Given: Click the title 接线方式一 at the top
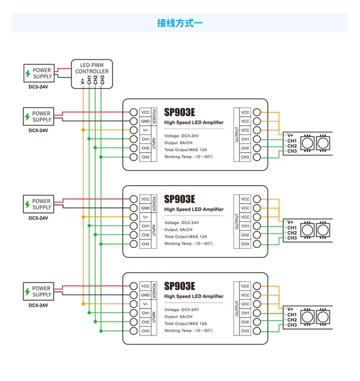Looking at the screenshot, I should click(x=180, y=23).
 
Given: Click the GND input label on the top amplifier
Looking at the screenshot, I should click(x=145, y=121).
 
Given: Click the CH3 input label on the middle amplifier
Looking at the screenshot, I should click(x=145, y=244).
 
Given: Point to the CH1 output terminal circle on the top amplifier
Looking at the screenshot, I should click(x=257, y=139).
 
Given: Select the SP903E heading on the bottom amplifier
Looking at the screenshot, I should click(x=180, y=286).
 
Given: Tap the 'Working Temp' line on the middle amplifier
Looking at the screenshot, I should click(x=189, y=244).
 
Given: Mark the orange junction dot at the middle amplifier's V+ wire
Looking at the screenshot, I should click(x=83, y=217).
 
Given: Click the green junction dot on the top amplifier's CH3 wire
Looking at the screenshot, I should click(x=101, y=157).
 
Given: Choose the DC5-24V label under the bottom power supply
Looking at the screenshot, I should click(x=38, y=305).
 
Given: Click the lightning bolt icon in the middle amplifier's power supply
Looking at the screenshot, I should click(x=27, y=204).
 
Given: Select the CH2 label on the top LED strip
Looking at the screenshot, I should click(x=292, y=146).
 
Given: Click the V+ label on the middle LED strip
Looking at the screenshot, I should click(x=291, y=222).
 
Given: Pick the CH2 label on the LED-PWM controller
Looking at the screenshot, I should click(x=95, y=80).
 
